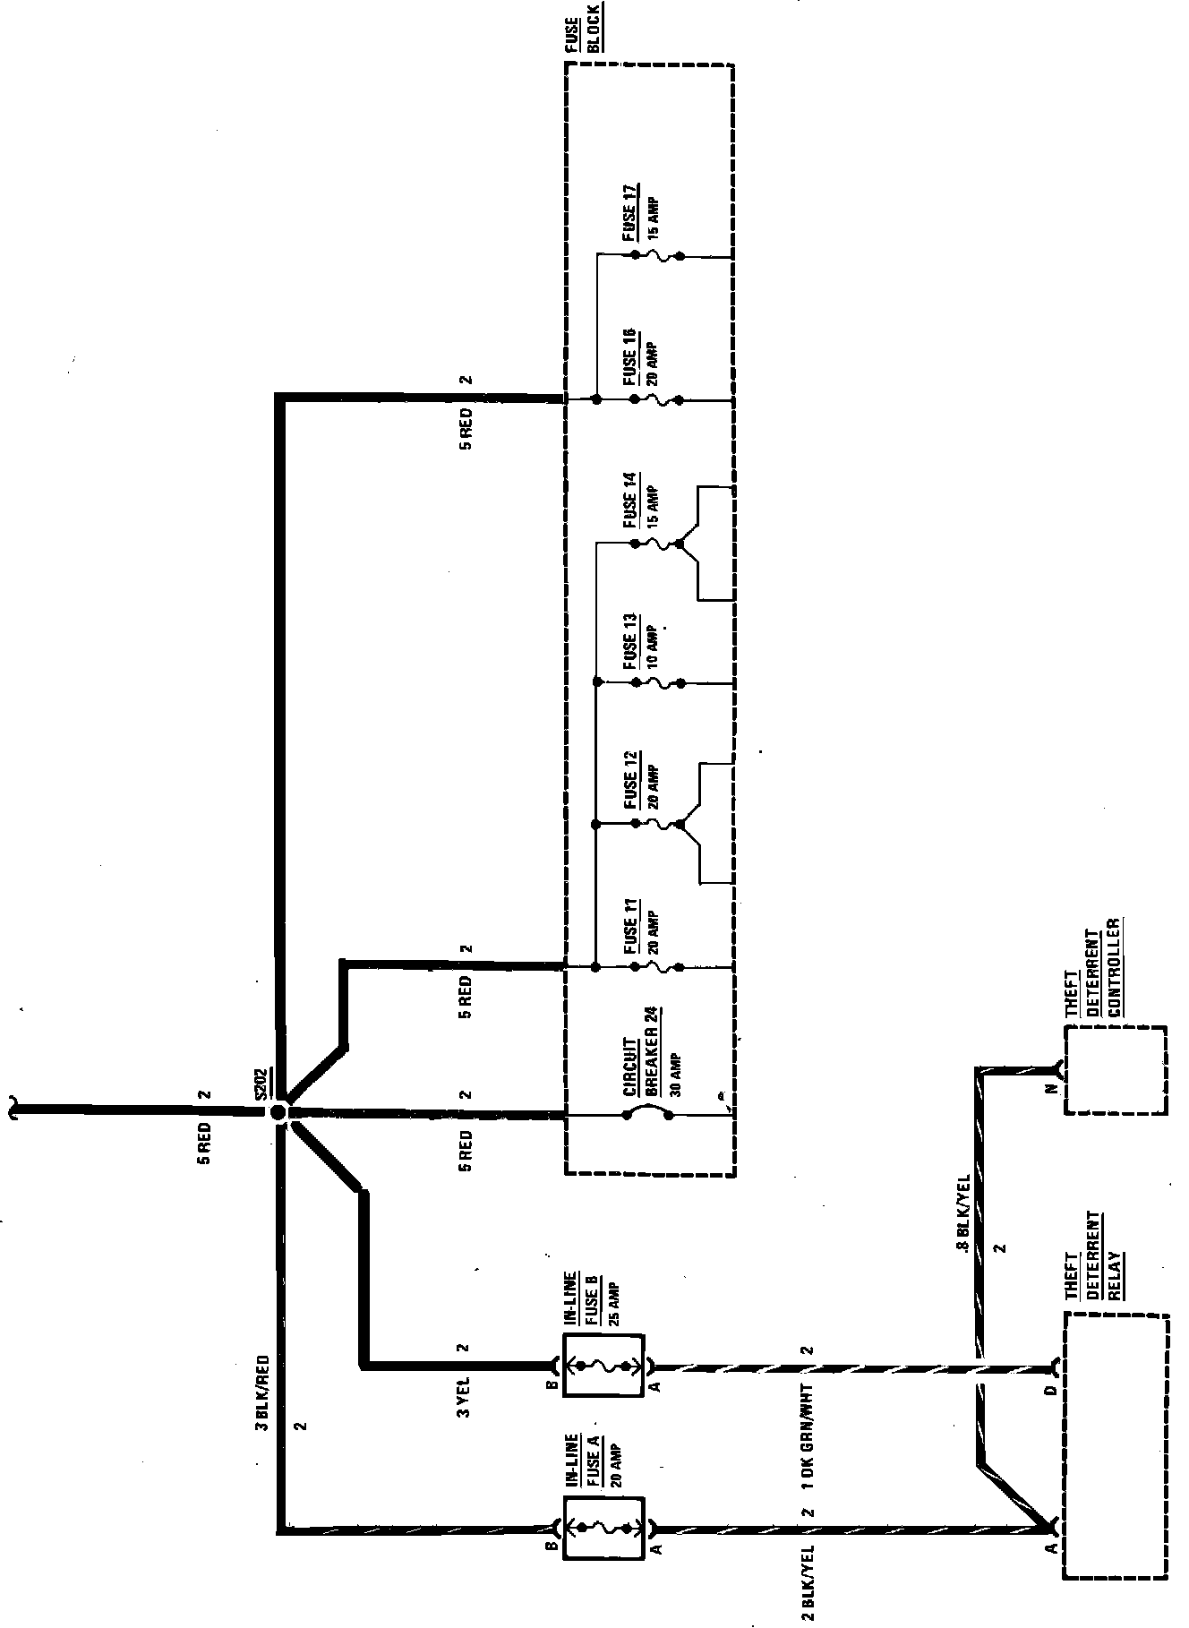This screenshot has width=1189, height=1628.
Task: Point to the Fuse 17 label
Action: (x=630, y=212)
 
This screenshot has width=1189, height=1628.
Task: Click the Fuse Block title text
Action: (x=582, y=28)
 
